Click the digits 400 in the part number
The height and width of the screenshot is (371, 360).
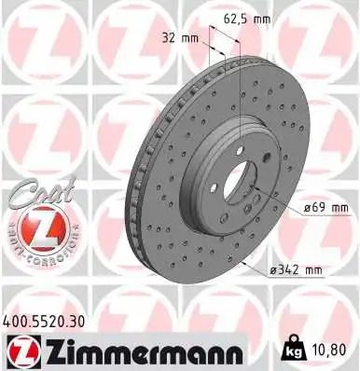point(18,320)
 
